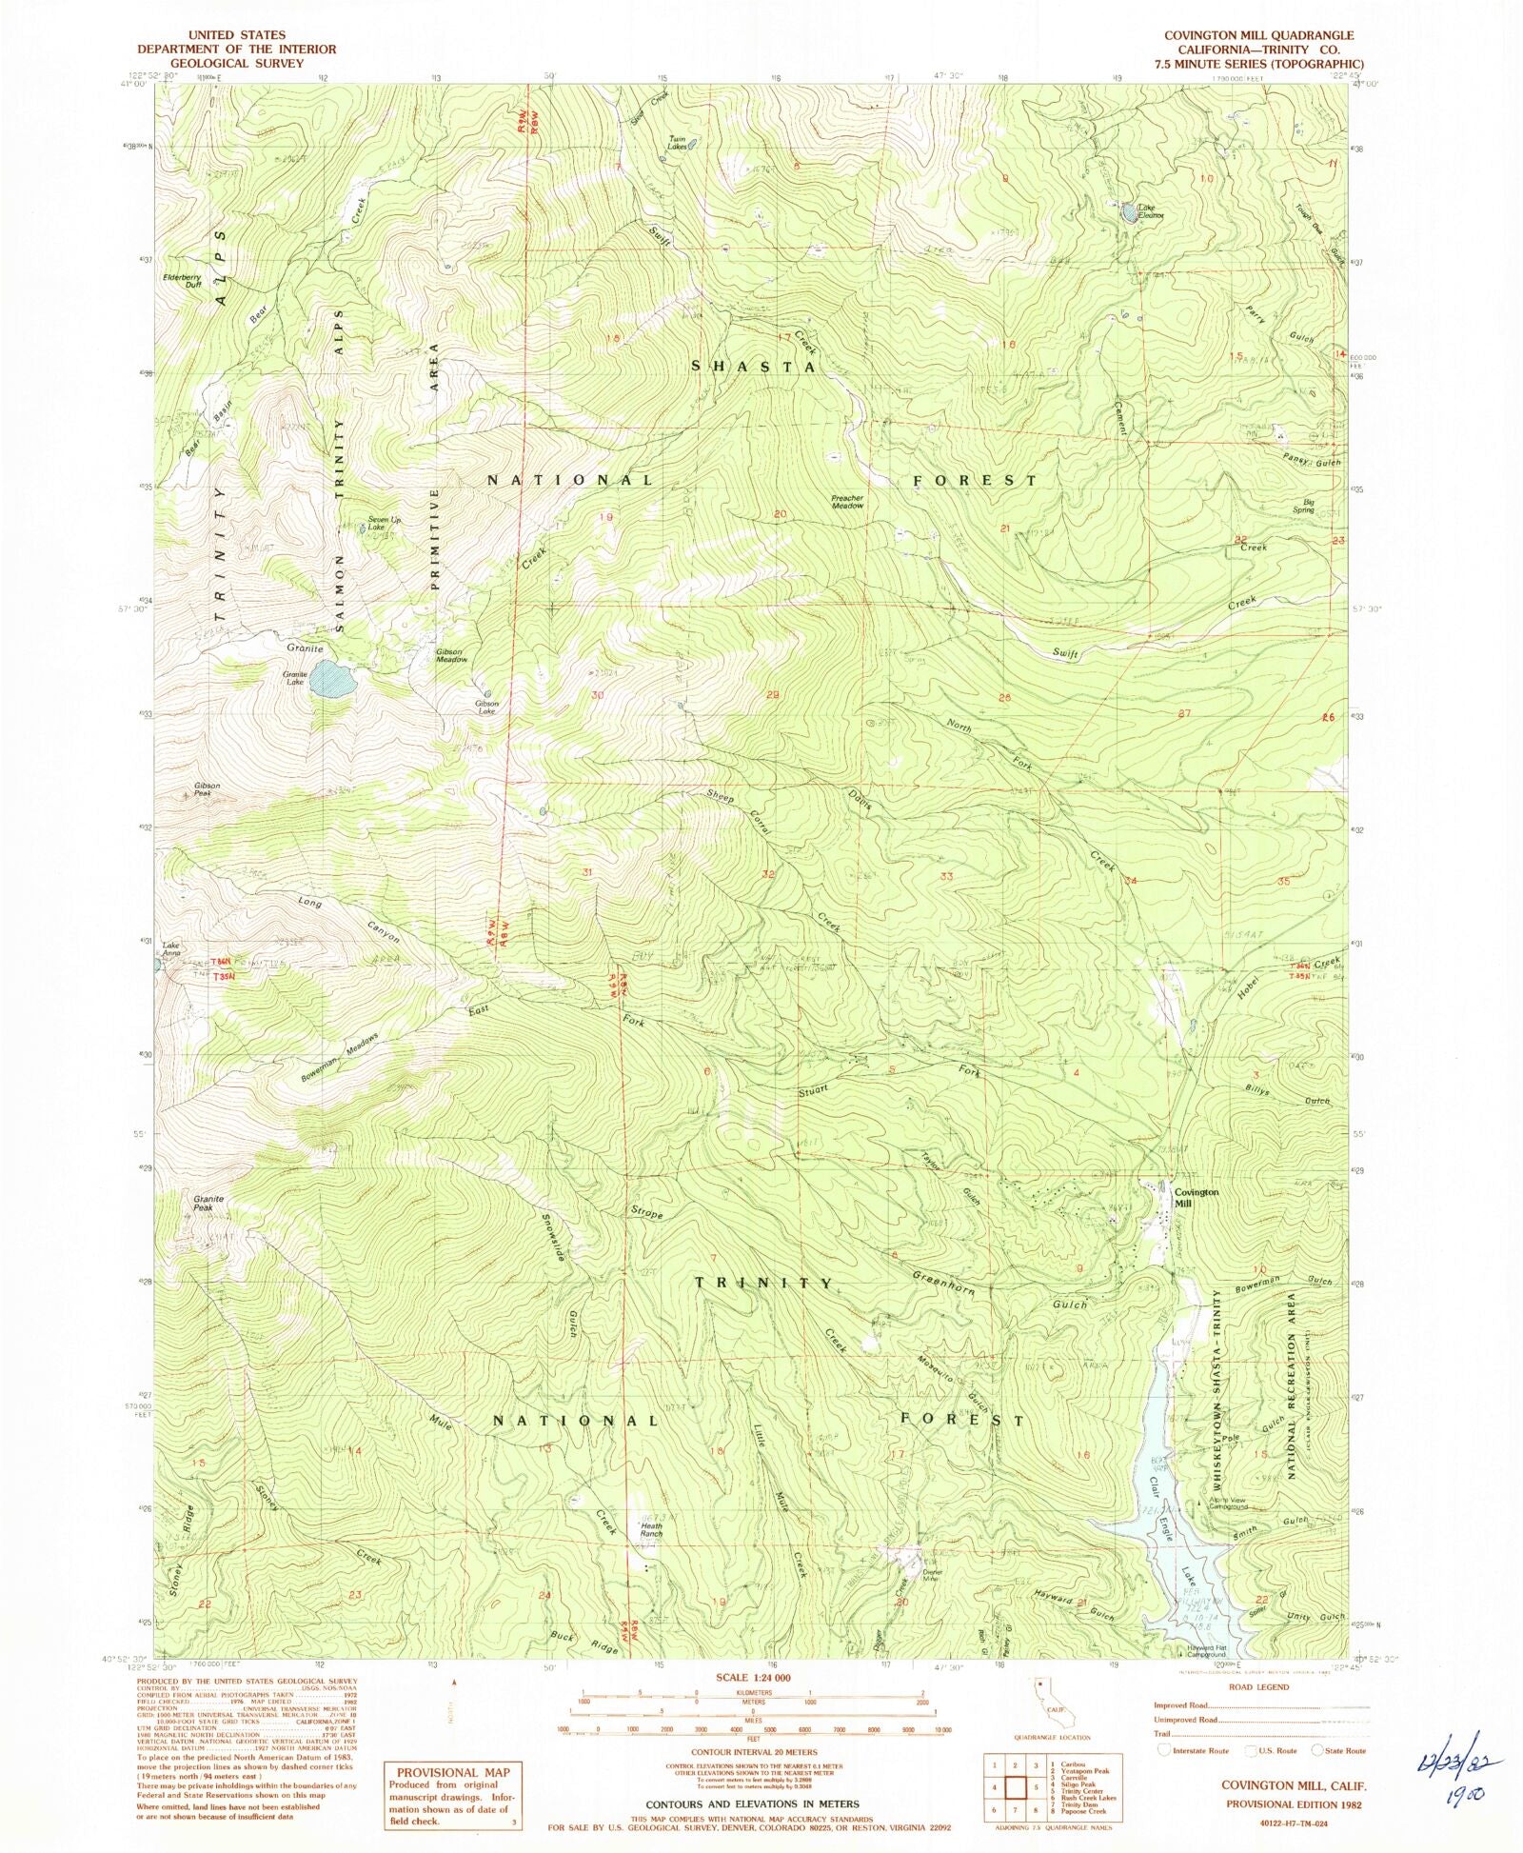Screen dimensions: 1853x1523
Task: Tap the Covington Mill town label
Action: pyautogui.click(x=1195, y=1197)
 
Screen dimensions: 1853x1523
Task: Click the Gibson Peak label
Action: pyautogui.click(x=208, y=789)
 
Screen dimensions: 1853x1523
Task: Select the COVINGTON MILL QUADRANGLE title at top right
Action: pyautogui.click(x=1258, y=35)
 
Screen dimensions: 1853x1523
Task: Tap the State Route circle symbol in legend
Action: pyautogui.click(x=1317, y=1750)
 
